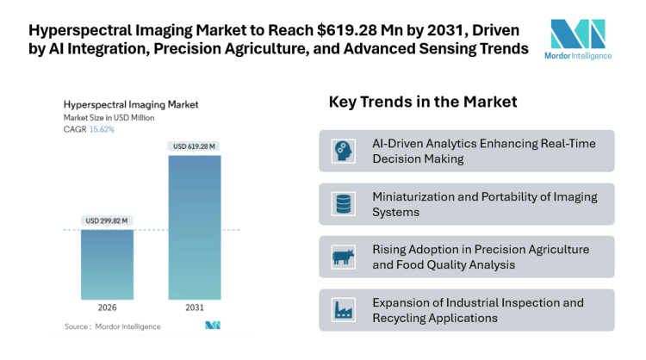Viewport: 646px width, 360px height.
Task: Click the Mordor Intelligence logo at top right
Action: click(x=580, y=39)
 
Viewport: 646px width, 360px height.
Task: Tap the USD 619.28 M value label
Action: click(x=194, y=146)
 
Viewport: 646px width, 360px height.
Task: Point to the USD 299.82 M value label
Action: click(x=107, y=220)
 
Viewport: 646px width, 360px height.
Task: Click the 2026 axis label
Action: click(x=107, y=308)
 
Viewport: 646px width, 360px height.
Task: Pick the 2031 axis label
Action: click(x=194, y=308)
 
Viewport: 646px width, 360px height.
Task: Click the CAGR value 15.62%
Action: click(x=101, y=129)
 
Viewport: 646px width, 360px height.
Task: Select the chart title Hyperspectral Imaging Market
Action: click(x=130, y=104)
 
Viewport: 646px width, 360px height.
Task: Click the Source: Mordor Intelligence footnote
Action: click(x=108, y=326)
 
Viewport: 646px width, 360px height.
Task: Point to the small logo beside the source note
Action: click(x=212, y=326)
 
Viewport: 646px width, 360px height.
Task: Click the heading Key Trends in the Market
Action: click(x=422, y=102)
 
